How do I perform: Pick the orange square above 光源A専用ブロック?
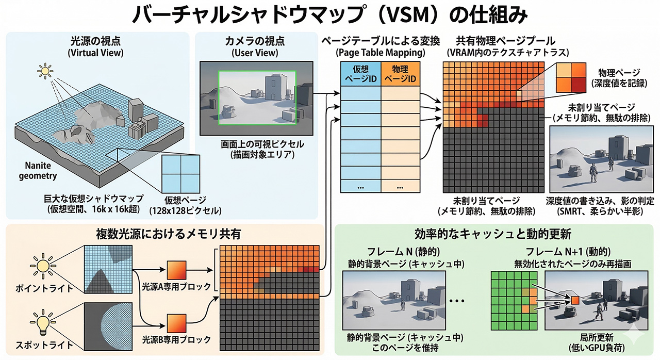(176, 270)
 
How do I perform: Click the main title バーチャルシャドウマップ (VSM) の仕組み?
(330, 15)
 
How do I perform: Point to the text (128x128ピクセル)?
(179, 211)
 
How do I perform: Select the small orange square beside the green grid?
(574, 300)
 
